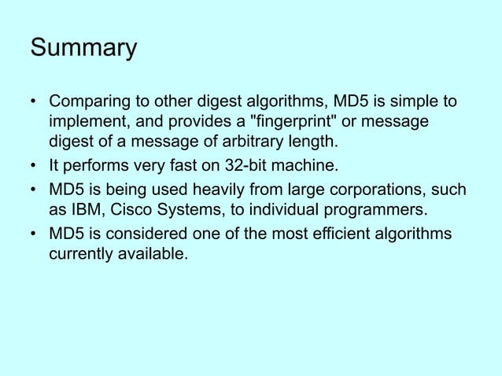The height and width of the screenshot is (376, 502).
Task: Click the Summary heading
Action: pos(83,48)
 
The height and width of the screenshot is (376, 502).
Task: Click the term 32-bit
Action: pos(240,166)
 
